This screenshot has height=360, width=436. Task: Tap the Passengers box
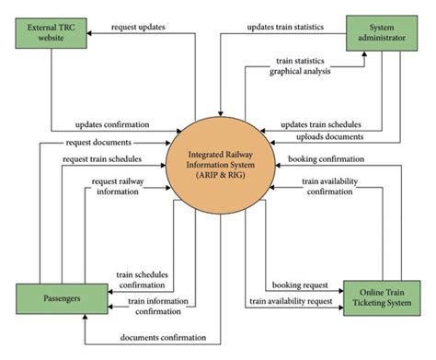click(x=53, y=299)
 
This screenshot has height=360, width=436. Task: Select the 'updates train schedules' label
click(x=319, y=124)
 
